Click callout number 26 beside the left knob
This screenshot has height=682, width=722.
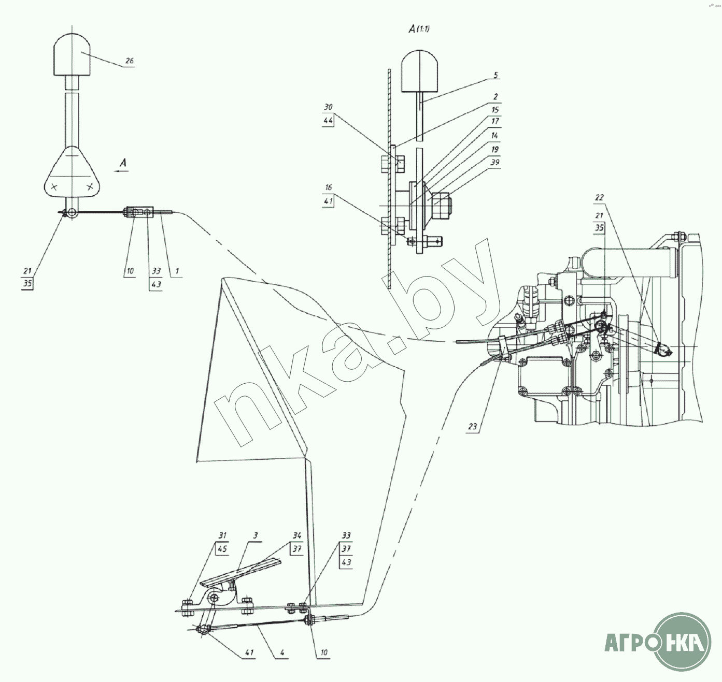[x=129, y=61]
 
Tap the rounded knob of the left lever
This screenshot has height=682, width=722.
[x=73, y=55]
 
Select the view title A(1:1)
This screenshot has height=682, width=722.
[x=419, y=29]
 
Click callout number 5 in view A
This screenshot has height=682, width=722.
[x=496, y=75]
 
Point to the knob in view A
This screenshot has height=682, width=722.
[x=419, y=71]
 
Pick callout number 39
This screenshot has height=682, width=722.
[x=495, y=162]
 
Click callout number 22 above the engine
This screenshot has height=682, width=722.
[x=599, y=197]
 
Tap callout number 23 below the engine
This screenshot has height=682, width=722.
[x=472, y=426]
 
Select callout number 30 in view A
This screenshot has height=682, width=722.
[x=328, y=107]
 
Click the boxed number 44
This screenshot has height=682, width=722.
[x=328, y=120]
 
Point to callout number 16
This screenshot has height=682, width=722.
[x=328, y=187]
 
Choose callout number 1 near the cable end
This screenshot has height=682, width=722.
[x=177, y=271]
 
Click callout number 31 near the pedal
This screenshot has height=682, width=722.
[x=222, y=535]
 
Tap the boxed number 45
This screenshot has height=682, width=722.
[x=222, y=549]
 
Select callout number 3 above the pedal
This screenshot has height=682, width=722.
[x=256, y=535]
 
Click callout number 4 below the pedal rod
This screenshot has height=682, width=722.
[x=282, y=652]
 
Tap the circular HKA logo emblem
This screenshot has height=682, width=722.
[x=683, y=642]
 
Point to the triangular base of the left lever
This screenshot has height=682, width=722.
[x=73, y=172]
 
